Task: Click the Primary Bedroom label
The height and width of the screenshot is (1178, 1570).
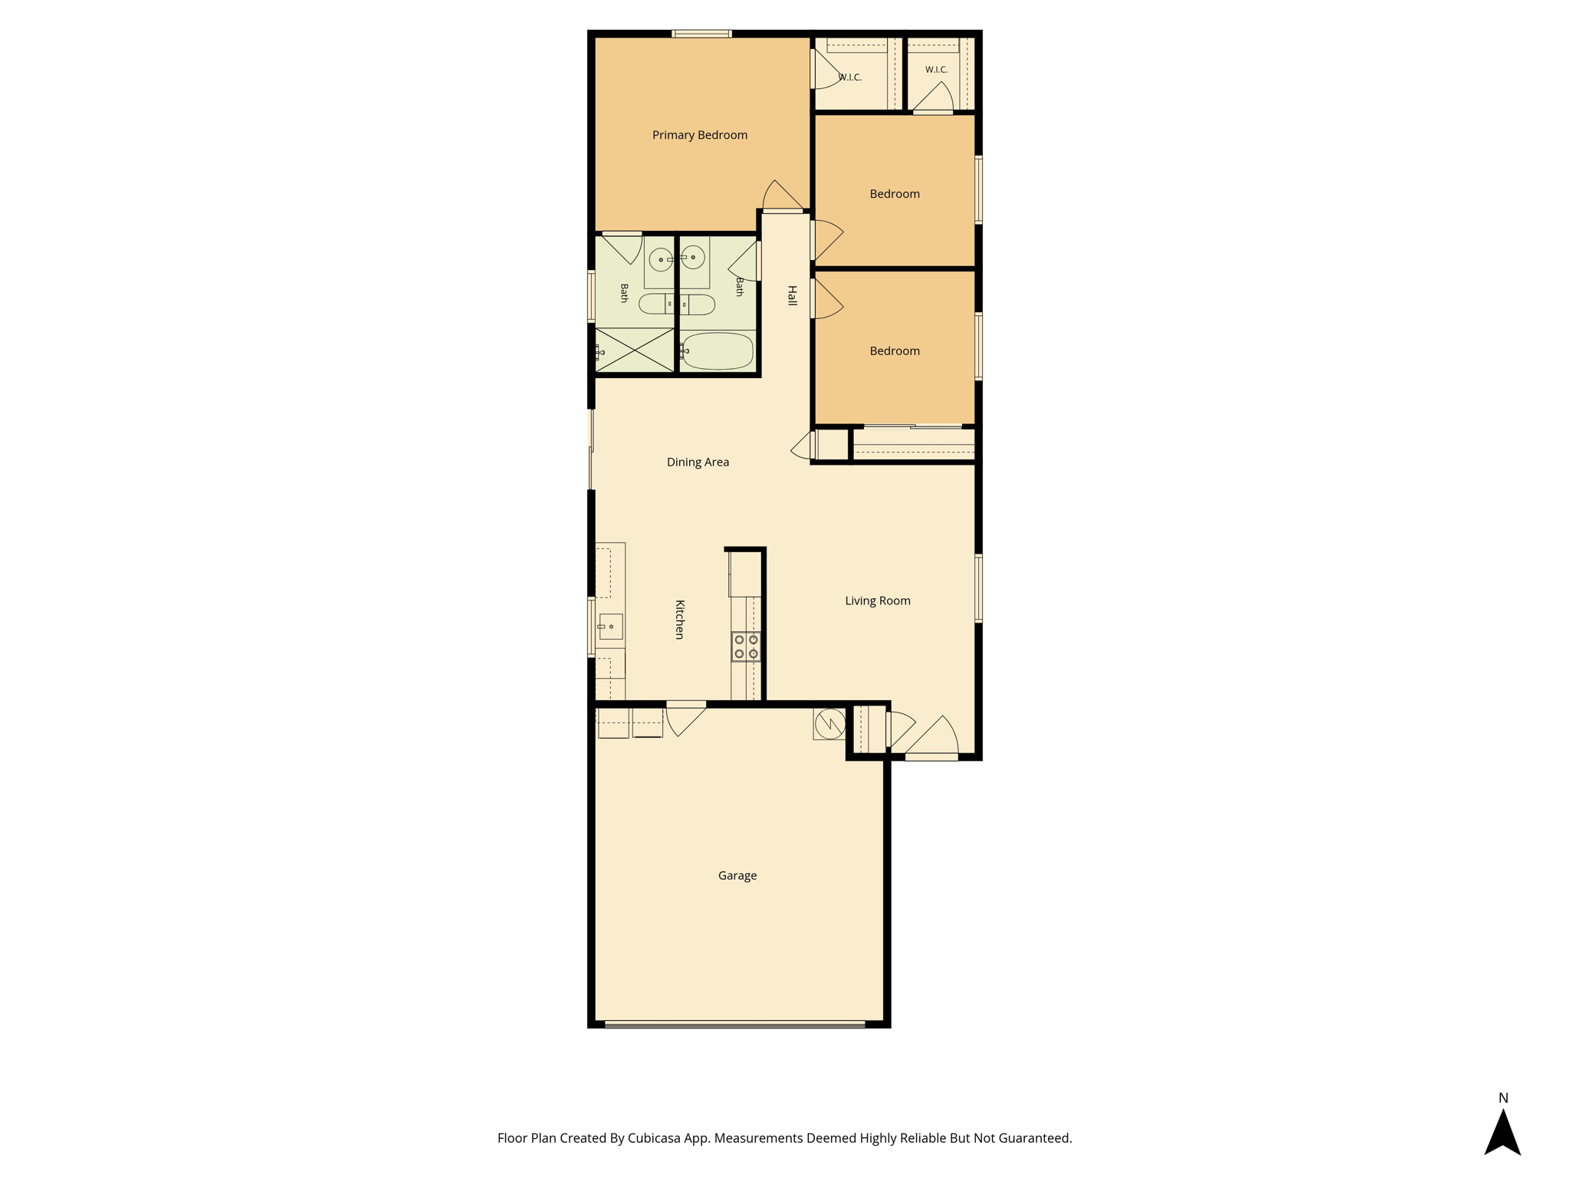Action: tap(699, 135)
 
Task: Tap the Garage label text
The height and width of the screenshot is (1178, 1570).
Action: tap(737, 876)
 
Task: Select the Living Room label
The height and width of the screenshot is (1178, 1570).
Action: tap(878, 601)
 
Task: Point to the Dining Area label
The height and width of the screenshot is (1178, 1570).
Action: tap(698, 462)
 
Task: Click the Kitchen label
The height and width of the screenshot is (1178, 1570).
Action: tap(679, 619)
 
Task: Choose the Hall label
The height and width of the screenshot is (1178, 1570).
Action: tap(792, 295)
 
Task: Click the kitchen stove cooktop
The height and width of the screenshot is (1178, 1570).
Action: tap(746, 647)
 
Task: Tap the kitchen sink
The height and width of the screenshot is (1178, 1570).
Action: tap(610, 627)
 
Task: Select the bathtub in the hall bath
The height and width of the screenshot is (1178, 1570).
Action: tap(717, 351)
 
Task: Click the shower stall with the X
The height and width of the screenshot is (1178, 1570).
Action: tap(635, 350)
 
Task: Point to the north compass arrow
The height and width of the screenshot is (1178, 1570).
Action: tap(1503, 1132)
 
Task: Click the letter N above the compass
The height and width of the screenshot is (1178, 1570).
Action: tap(1503, 1098)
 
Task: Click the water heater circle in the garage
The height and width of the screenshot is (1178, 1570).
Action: tap(829, 723)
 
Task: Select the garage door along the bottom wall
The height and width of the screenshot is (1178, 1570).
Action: tap(734, 1024)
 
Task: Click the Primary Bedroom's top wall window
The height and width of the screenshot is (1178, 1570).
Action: tap(701, 34)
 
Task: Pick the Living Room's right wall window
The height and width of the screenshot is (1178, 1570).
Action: tap(978, 588)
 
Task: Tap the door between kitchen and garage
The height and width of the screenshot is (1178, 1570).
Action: tap(685, 719)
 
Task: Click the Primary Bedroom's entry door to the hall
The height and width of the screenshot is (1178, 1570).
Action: tap(783, 196)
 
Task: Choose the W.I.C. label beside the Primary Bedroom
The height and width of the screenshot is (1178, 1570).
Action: tap(850, 77)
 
